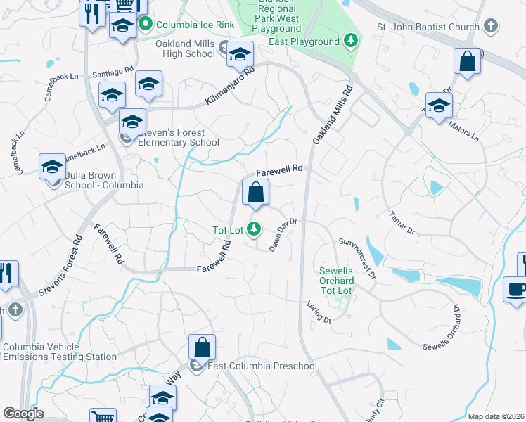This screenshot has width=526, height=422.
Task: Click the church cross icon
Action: [492, 27]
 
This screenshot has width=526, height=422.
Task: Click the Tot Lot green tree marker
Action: [255, 229]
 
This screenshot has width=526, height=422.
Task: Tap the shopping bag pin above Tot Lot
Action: [255, 192]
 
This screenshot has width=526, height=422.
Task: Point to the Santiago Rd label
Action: [113, 73]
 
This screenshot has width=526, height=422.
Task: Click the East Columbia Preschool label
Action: [262, 366]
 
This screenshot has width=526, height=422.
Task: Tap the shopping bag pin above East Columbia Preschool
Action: [202, 347]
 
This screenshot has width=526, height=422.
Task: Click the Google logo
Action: [23, 414]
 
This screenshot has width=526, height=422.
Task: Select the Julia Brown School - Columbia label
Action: [103, 181]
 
